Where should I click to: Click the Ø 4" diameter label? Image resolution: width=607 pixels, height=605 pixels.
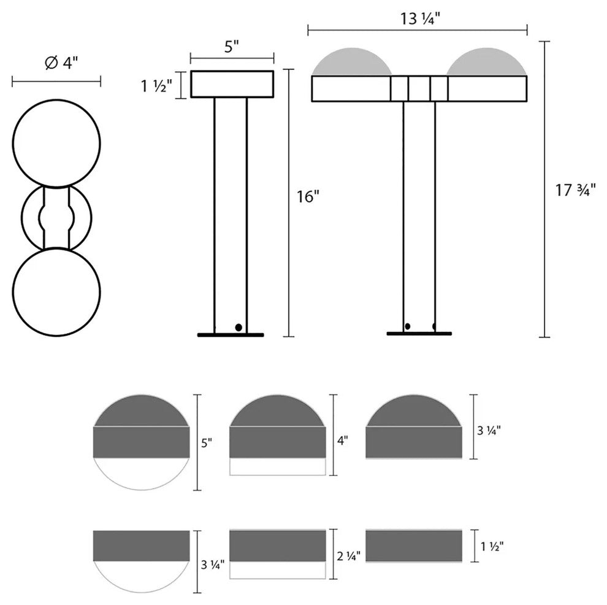tap(61, 63)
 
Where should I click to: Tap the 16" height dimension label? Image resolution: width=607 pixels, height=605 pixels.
tap(308, 197)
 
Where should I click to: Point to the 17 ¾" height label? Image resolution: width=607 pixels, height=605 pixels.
tap(575, 190)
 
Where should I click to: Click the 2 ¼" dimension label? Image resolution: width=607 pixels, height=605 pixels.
tap(348, 556)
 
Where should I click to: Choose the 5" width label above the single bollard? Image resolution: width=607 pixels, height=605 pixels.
tap(232, 47)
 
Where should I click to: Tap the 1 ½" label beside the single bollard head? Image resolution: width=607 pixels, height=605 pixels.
tap(154, 86)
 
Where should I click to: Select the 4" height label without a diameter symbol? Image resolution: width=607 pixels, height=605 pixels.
tap(343, 441)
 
